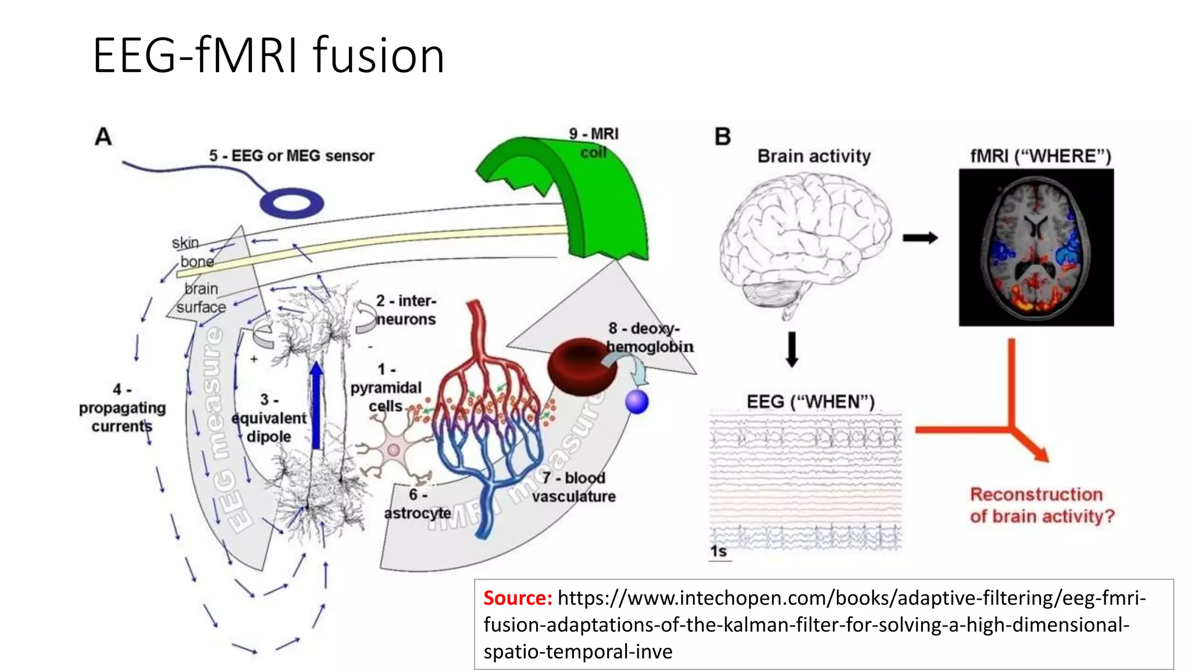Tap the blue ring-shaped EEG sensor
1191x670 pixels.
(x=291, y=203)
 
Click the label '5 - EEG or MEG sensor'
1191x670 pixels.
(x=291, y=156)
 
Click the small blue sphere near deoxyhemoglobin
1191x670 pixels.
(x=637, y=402)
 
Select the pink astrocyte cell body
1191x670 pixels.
(x=394, y=450)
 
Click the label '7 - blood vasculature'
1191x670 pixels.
(x=573, y=487)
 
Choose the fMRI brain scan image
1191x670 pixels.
(x=1036, y=247)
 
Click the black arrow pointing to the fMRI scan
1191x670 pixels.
(x=920, y=237)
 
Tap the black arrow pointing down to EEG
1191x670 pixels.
(x=791, y=349)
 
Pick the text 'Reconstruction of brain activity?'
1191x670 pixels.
(x=1042, y=505)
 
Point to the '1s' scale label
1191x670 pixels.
(x=718, y=551)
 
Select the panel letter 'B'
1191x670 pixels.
(x=722, y=137)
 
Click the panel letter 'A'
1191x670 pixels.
(x=103, y=137)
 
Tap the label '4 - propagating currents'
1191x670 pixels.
(x=122, y=408)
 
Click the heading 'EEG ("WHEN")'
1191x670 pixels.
(x=810, y=402)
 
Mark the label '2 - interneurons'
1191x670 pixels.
(x=406, y=310)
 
